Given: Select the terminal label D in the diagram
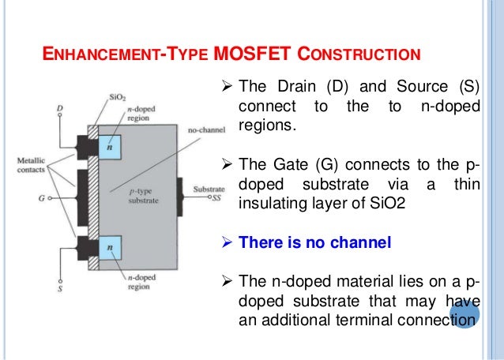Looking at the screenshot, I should pos(60,108).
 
